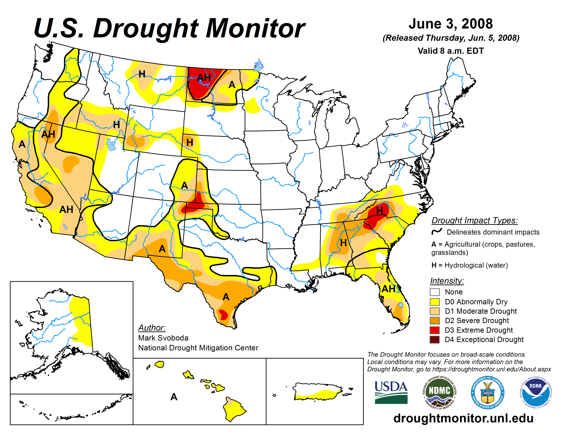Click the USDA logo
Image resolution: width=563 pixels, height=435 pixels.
[391, 392]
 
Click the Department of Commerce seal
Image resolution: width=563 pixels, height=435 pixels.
[487, 392]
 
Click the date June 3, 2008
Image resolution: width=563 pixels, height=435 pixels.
[451, 24]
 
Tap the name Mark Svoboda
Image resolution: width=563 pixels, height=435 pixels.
[163, 338]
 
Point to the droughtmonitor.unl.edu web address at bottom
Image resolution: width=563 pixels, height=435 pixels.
[463, 418]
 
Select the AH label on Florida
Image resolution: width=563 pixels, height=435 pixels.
[388, 289]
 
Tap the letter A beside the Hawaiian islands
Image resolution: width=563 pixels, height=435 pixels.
[174, 397]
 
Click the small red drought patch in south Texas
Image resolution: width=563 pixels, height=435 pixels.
[223, 315]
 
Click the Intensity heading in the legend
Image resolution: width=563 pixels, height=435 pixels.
[447, 281]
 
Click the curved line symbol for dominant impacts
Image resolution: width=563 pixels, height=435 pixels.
[437, 231]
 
